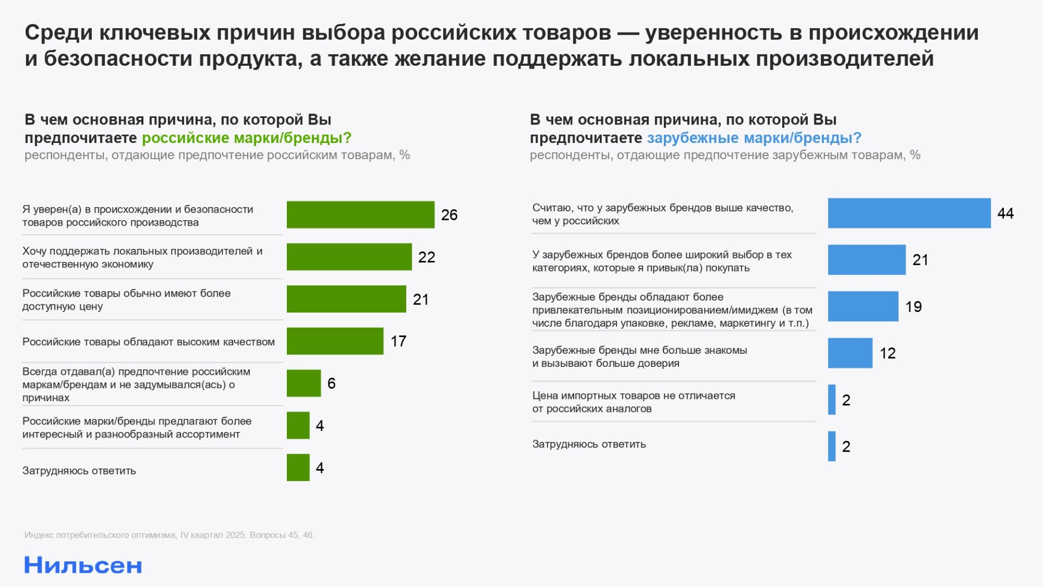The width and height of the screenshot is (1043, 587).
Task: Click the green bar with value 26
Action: point(360,215)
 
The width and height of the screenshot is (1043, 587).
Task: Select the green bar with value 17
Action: point(335,341)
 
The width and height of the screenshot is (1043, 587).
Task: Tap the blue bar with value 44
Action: point(909,213)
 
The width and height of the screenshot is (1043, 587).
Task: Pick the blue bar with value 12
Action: point(850,353)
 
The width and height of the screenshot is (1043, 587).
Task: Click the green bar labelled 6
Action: point(304,383)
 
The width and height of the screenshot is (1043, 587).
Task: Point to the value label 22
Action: point(426,257)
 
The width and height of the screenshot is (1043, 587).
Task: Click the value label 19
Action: point(913,307)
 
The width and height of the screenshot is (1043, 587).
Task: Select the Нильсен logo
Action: point(83,566)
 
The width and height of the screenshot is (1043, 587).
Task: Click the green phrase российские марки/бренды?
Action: point(247,138)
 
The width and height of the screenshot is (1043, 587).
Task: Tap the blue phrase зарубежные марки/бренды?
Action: point(754,138)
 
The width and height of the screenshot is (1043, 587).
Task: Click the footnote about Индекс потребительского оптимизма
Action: point(169,535)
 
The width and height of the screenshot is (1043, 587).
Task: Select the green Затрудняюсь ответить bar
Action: point(298,467)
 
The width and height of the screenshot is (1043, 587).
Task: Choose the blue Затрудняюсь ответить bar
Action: point(831,446)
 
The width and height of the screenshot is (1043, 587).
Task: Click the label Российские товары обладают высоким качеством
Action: point(148,342)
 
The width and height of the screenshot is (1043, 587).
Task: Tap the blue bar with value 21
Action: point(866,260)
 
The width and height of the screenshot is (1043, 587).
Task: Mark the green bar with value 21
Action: point(346,299)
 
